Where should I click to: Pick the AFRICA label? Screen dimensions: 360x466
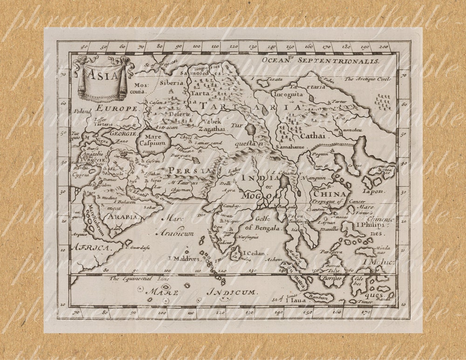coord(90,248)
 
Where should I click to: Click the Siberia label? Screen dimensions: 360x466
coord(172,83)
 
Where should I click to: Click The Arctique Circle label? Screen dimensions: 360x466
coord(368,79)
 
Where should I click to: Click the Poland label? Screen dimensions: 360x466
coord(82,112)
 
